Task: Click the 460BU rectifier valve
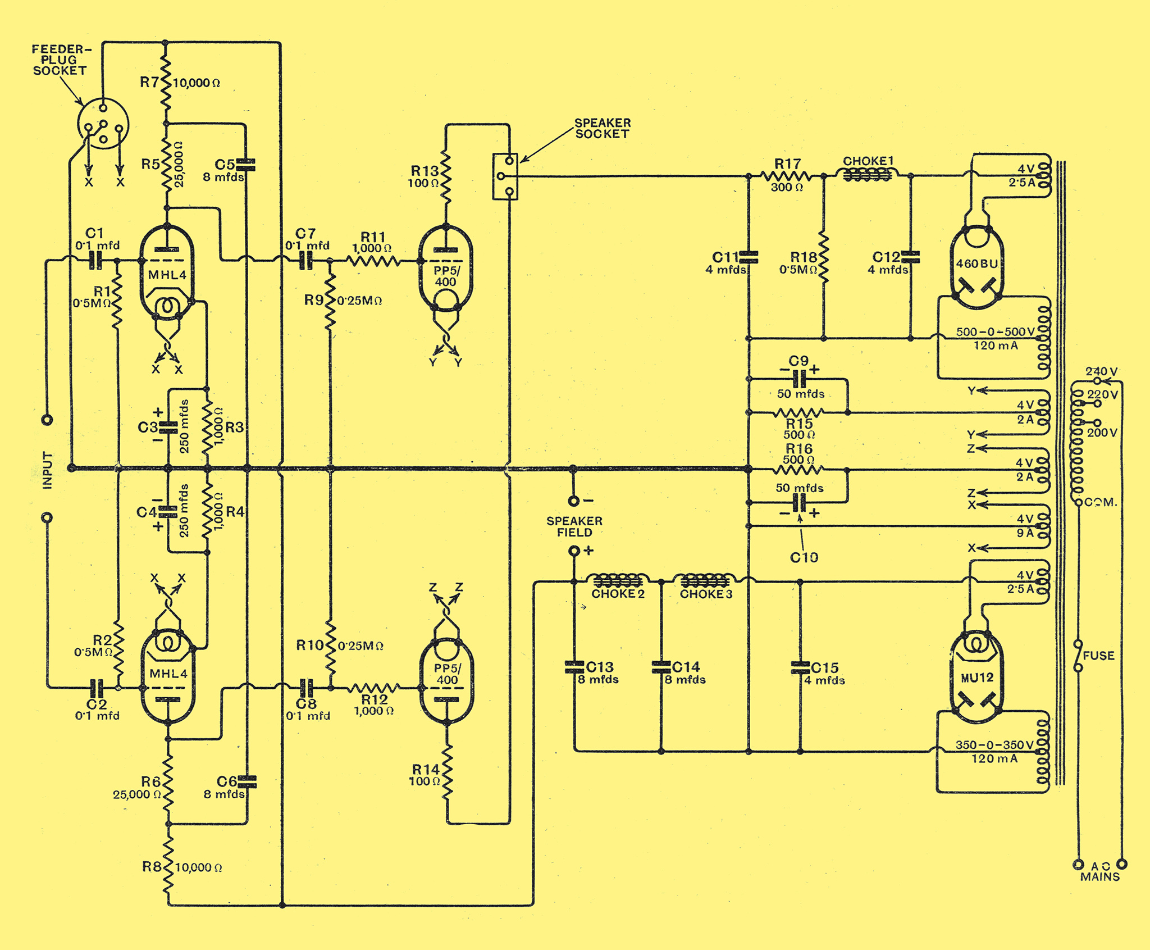tap(976, 267)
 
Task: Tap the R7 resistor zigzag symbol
tap(166, 83)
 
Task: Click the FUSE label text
tap(1098, 656)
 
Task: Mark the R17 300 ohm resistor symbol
tap(786, 176)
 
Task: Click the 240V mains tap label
tap(1101, 371)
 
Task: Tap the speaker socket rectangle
tap(505, 176)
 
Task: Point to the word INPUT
tap(48, 470)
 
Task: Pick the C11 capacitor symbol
tap(749, 257)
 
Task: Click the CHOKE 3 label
tap(706, 594)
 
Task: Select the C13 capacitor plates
tap(574, 667)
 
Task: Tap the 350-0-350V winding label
tap(994, 745)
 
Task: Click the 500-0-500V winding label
tap(995, 332)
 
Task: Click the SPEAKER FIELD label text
tap(574, 526)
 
